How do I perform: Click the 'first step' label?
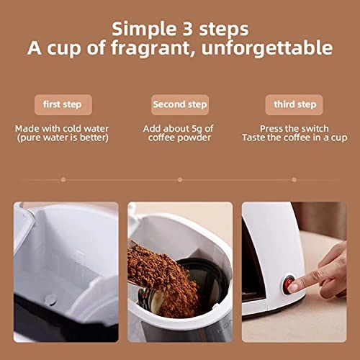[x=62, y=104]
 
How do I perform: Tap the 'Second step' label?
[x=180, y=104]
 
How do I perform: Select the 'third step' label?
[x=295, y=104]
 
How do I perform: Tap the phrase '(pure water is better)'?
[x=62, y=137]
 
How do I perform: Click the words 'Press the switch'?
[x=295, y=128]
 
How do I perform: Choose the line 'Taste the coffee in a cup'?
[x=295, y=137]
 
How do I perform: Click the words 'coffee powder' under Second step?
[x=180, y=137]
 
